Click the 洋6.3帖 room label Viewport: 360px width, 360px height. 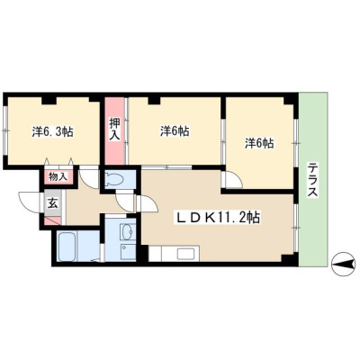(53, 131)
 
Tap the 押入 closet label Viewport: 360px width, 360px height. (114, 130)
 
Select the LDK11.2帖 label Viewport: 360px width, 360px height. (218, 218)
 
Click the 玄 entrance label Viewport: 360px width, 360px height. (53, 204)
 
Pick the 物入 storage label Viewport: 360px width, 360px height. (58, 176)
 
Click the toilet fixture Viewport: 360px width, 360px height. (114, 180)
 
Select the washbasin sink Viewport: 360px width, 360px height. (128, 231)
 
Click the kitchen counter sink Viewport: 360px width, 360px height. (186, 254)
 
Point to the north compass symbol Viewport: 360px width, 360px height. (343, 264)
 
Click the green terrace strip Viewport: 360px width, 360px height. (313, 179)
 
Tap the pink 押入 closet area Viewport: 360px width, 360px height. (114, 130)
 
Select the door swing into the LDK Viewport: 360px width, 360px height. (148, 204)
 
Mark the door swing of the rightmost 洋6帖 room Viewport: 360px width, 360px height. (231, 179)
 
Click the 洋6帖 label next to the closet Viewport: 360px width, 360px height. (175, 131)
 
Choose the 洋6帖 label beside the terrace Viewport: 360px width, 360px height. (259, 143)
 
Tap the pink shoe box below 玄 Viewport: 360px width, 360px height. (53, 220)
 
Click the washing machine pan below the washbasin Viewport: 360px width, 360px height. (128, 251)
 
